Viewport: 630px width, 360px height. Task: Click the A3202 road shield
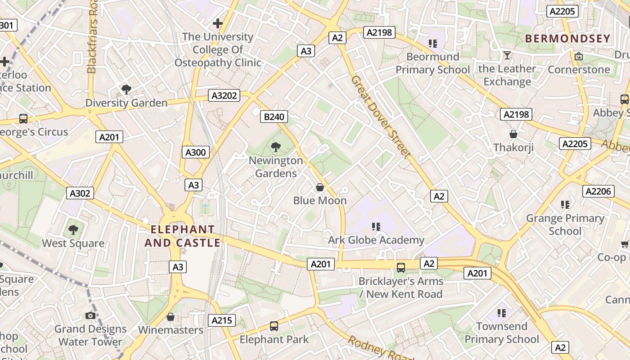[224, 95]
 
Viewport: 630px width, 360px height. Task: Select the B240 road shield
[274, 117]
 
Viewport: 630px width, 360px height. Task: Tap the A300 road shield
[196, 152]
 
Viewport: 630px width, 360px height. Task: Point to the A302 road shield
[80, 193]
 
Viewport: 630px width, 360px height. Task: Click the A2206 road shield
[598, 191]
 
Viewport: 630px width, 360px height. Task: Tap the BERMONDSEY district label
[567, 39]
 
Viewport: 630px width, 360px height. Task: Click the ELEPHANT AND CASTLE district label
[182, 236]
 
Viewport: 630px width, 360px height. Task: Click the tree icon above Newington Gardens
[276, 147]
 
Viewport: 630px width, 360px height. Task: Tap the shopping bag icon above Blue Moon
[320, 187]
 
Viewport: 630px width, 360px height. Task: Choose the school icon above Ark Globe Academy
[376, 226]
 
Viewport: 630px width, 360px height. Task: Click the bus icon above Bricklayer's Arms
[400, 267]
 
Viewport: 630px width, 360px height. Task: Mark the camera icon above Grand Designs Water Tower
[90, 315]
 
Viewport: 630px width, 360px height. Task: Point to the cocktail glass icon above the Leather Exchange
[507, 55]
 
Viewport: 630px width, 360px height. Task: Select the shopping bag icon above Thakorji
[513, 134]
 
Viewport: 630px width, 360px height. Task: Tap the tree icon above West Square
[73, 230]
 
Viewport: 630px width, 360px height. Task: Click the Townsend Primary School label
[501, 333]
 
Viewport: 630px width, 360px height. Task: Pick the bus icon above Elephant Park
[274, 326]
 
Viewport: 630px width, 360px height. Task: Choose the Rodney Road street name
[380, 349]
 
